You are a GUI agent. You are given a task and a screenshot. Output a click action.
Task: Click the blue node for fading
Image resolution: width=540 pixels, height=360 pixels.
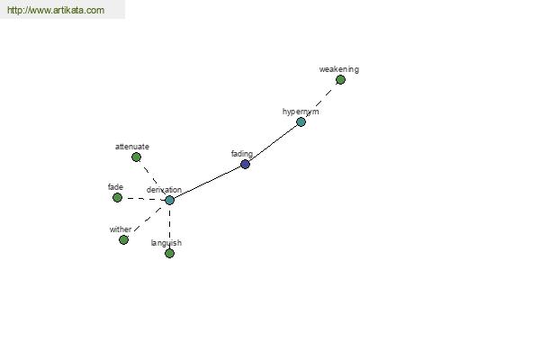[245, 165]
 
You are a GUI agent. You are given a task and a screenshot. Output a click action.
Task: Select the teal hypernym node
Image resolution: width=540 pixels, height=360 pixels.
[301, 122]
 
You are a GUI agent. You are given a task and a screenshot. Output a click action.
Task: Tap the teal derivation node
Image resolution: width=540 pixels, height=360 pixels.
[169, 200]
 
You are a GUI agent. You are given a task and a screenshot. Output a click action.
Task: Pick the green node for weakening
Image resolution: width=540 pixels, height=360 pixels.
[340, 80]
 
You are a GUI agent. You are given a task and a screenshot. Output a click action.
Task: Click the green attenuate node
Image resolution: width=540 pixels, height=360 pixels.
[137, 157]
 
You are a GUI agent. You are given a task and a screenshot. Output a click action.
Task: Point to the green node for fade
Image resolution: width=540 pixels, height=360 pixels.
[117, 198]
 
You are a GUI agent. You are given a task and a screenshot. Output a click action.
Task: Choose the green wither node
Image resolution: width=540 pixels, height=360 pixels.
[123, 239]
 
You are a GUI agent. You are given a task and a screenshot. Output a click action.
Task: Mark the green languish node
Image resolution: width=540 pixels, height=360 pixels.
[169, 254]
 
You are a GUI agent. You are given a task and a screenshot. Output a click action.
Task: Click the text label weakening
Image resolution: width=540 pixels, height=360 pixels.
[339, 69]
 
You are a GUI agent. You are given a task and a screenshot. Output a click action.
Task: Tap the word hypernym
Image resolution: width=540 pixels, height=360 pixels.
[301, 112]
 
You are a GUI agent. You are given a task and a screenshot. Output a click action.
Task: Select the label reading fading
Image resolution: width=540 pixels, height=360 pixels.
[242, 154]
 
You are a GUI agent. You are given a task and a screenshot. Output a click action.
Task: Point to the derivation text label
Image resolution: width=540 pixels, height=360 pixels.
[164, 190]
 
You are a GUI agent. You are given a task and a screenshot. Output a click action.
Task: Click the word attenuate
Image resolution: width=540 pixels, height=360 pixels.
[132, 147]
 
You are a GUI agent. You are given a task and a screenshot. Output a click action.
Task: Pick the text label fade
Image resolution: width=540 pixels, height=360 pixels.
[115, 187]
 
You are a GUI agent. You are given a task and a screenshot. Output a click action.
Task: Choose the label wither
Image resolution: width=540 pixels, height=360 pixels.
[121, 229]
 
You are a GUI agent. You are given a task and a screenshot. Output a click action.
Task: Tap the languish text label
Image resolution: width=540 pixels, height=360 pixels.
[166, 243]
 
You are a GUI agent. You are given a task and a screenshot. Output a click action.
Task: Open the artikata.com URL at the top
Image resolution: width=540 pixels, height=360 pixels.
[56, 10]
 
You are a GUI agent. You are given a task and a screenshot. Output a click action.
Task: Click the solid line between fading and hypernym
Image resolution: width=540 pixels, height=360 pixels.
[274, 142]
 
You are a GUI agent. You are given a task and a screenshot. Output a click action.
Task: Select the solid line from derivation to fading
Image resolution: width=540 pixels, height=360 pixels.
[207, 183]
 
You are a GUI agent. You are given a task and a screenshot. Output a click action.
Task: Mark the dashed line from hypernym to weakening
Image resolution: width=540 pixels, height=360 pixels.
[320, 101]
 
